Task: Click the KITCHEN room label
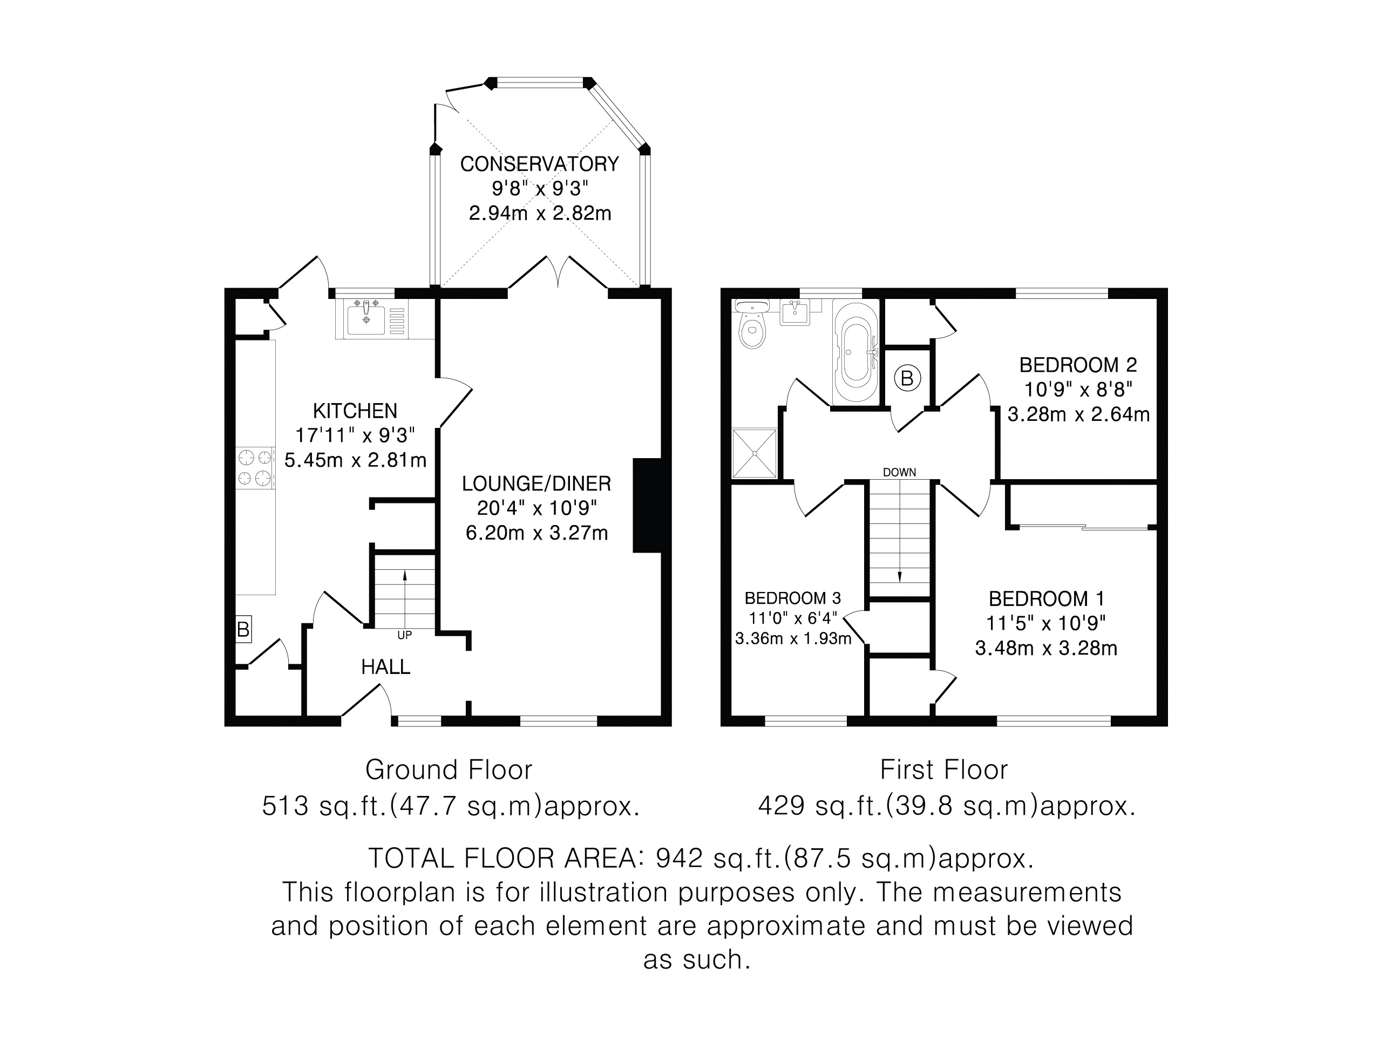coord(355,411)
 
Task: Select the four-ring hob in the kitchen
coord(255,468)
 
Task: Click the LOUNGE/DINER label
coord(536,483)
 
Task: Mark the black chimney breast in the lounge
coord(647,505)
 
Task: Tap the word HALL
coord(386,666)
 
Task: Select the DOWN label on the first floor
coord(899,472)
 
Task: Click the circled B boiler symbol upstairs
coord(907,379)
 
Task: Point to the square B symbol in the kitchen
coord(243,629)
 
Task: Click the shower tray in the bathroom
coord(755,453)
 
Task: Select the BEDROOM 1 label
coord(1046,599)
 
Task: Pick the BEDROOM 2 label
coord(1078,365)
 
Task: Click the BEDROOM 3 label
coord(793,598)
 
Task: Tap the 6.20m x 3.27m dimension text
coord(536,533)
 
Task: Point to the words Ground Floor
coord(449,769)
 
